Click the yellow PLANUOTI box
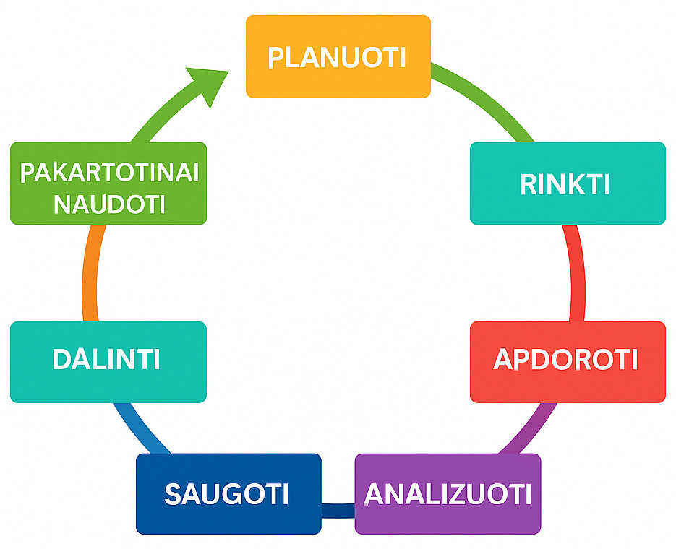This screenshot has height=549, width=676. (338, 56)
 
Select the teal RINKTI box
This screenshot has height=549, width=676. (567, 183)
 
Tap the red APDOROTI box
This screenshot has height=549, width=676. (567, 362)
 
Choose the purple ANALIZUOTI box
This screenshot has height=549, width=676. (448, 494)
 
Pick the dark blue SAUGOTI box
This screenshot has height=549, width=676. (228, 494)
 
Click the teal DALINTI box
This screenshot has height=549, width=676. (108, 362)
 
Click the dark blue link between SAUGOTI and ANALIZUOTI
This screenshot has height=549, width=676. (338, 511)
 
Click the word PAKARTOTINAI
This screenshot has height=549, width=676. (109, 174)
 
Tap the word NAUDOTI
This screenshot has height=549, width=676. (109, 204)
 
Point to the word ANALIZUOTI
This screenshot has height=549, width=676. (448, 495)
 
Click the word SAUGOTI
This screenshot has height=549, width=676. (227, 495)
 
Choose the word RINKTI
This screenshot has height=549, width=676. (565, 185)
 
